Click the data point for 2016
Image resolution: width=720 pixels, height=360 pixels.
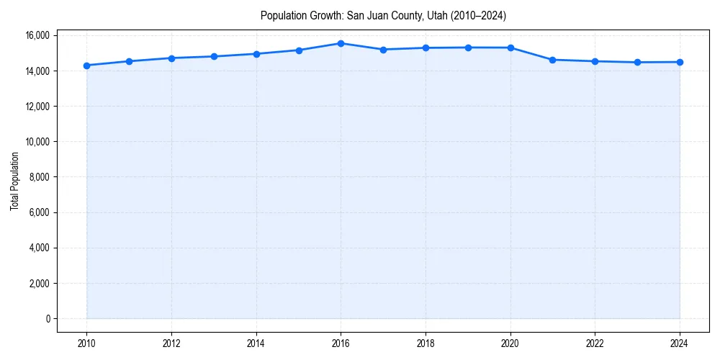pos(341,43)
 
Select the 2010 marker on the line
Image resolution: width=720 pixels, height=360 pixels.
pos(87,66)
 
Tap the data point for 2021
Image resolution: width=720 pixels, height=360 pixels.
pos(553,60)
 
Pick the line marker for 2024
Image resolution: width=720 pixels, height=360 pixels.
pos(680,62)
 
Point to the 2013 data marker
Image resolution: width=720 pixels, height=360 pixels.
pos(214,56)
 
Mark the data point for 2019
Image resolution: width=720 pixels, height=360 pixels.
pos(468,48)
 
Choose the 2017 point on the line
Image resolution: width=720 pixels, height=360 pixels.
pos(384,50)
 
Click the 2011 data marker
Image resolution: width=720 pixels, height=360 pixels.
pos(130,61)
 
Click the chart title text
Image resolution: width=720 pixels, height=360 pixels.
pos(383,16)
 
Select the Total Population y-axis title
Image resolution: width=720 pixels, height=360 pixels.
pos(14,181)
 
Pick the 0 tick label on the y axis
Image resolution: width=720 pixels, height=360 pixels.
pos(47,319)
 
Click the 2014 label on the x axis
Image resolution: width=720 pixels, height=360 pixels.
pos(256,343)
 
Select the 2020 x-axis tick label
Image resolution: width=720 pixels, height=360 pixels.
pos(510,343)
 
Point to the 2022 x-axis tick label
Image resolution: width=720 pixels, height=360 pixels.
pos(595,343)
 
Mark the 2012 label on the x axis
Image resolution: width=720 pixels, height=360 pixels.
pos(171,343)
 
